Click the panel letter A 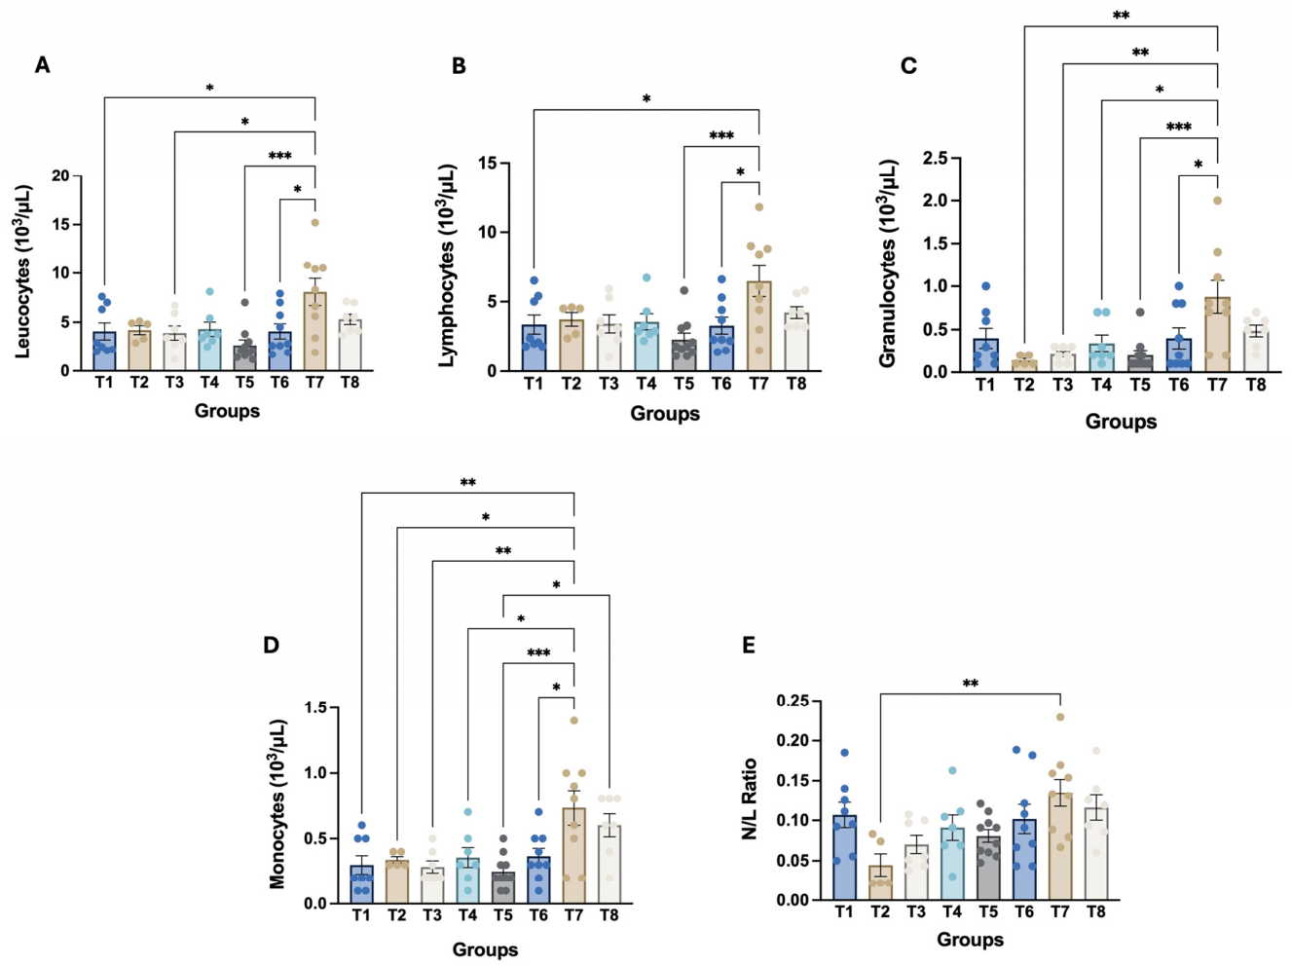43,64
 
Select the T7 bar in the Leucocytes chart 314,331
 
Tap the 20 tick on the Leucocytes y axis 60,175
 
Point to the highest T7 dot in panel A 314,223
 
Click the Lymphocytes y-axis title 447,266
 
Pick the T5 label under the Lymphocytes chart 683,384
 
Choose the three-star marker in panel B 721,136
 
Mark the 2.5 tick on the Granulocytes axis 936,158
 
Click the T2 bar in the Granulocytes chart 1024,365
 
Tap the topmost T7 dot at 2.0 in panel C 1218,201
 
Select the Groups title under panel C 1121,422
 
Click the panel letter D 271,646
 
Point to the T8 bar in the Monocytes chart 609,864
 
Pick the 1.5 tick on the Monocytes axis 316,707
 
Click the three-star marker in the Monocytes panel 538,652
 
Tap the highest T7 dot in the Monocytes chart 573,721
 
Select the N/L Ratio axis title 750,799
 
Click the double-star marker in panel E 971,684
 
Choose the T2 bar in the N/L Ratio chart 880,882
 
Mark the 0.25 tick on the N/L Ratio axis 792,700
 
